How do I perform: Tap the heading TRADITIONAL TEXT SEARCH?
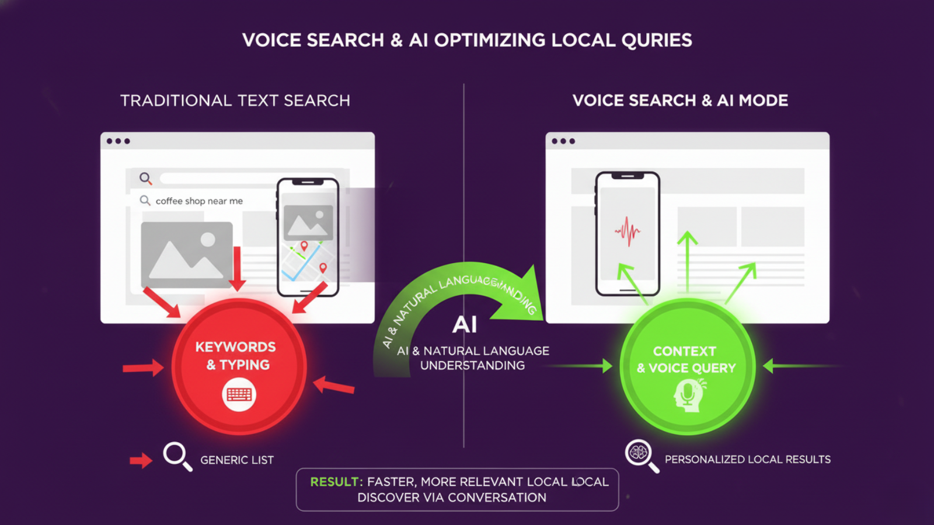(x=235, y=100)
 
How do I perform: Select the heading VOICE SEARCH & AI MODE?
(x=680, y=100)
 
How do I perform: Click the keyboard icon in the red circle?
(x=239, y=395)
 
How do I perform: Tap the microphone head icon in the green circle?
(x=688, y=395)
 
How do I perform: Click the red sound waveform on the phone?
(x=628, y=232)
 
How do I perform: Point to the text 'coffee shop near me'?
(x=199, y=201)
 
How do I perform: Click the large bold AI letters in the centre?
(x=465, y=324)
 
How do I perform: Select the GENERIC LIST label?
(x=237, y=460)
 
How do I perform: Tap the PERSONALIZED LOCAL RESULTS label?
(x=748, y=460)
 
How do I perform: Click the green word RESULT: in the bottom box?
(x=336, y=482)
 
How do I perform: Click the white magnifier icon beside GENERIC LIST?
(x=176, y=455)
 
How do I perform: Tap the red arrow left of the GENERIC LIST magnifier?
(x=141, y=460)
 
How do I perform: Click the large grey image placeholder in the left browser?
(x=187, y=254)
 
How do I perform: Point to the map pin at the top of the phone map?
(x=304, y=246)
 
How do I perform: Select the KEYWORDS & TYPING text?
(x=236, y=356)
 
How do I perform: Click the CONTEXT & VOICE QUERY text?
(x=686, y=359)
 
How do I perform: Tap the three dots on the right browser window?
(x=563, y=141)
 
